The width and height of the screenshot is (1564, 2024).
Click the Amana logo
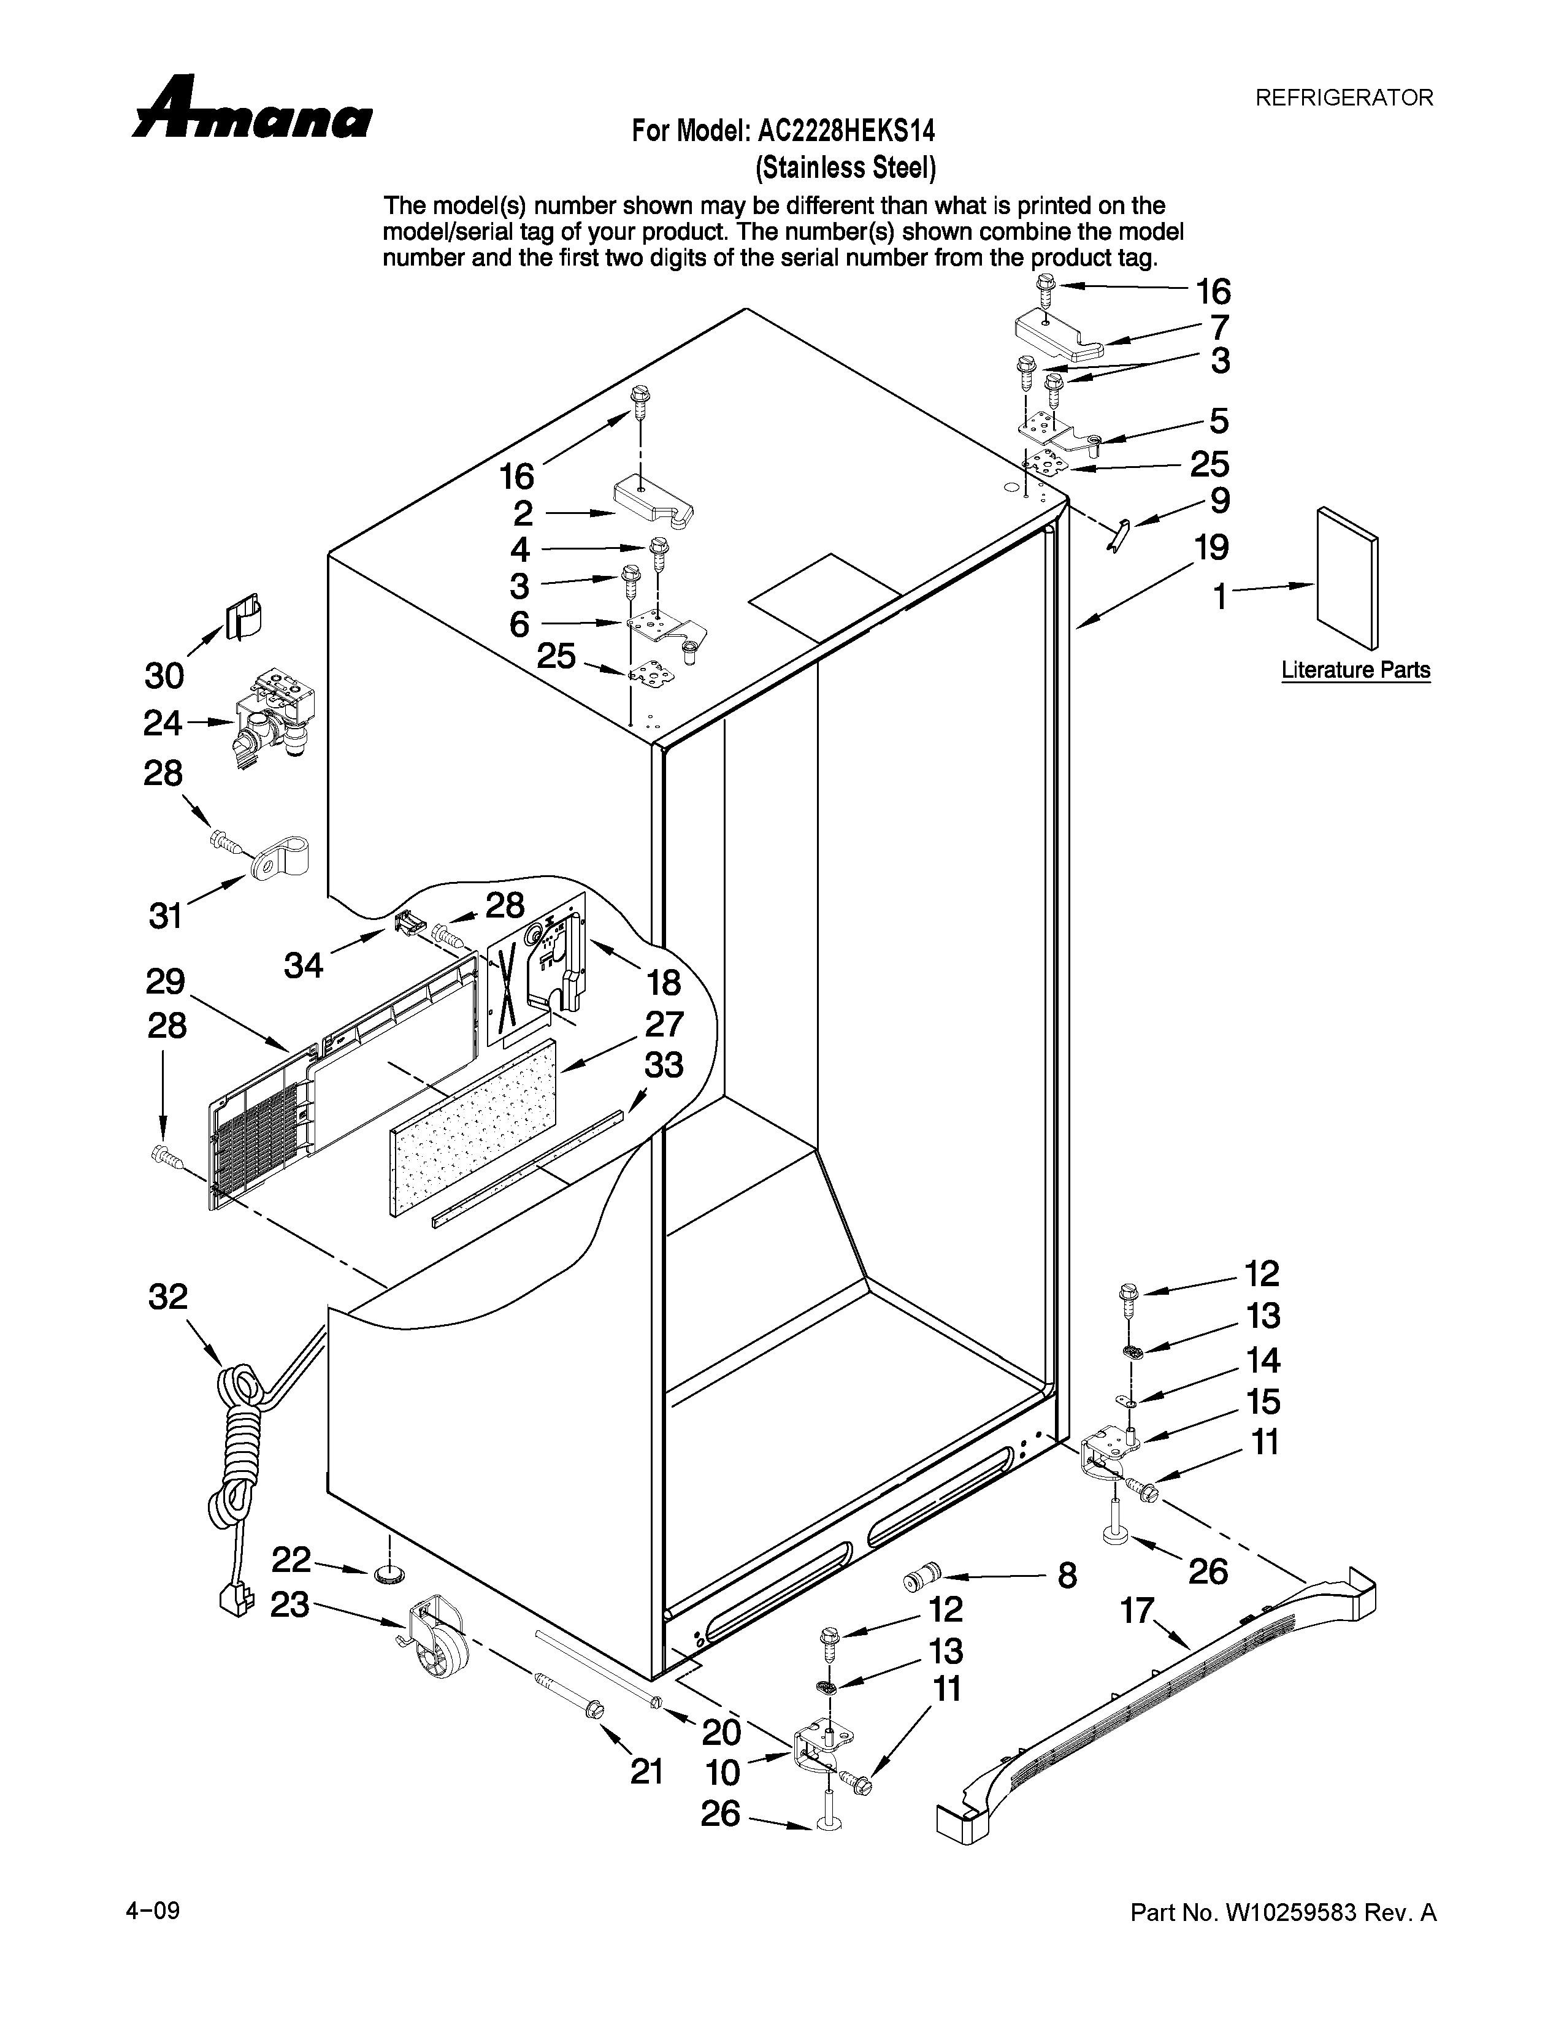coord(252,109)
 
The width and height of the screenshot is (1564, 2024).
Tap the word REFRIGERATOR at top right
coord(1343,98)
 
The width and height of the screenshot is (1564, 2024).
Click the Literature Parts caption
coord(1355,669)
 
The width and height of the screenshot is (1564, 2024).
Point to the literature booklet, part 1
coord(1346,577)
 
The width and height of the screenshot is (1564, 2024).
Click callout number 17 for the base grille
coord(1137,1611)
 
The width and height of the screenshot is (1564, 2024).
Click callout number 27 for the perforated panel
coord(664,1024)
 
